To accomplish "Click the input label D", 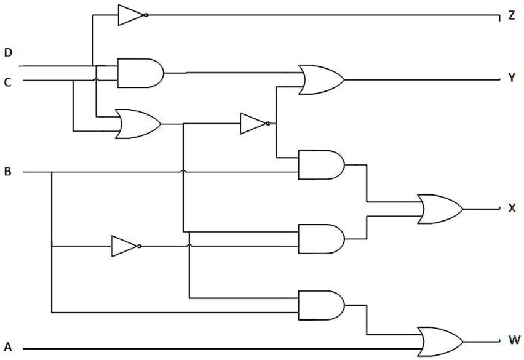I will (x=8, y=53).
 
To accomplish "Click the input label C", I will (x=8, y=81).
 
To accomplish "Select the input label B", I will (x=8, y=172).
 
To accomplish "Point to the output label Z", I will (x=512, y=17).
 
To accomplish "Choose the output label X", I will (x=512, y=208).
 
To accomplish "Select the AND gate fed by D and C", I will (x=139, y=73).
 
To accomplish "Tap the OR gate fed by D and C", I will (x=138, y=124).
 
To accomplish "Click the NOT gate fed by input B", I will (x=125, y=246).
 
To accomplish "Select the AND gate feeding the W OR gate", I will (x=320, y=305).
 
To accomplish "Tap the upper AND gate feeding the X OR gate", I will (x=320, y=164).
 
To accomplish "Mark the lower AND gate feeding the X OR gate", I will (x=320, y=239).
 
